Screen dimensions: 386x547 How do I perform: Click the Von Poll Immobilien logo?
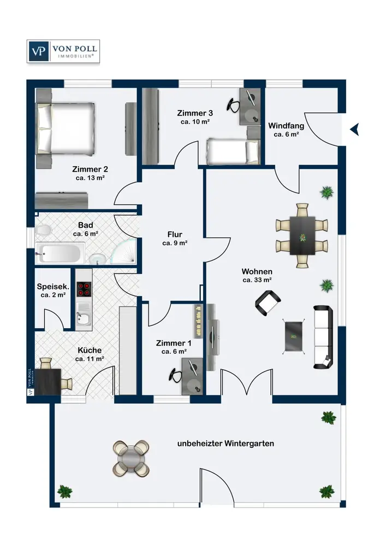click(x=63, y=51)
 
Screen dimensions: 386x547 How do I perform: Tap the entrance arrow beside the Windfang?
click(x=354, y=130)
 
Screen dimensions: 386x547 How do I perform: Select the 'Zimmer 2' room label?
click(x=90, y=169)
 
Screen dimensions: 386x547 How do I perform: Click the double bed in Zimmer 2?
click(x=65, y=129)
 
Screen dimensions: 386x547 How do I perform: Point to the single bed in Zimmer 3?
click(x=233, y=152)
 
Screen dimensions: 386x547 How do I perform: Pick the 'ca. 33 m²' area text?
click(x=257, y=280)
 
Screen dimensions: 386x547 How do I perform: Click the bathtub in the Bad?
click(x=60, y=253)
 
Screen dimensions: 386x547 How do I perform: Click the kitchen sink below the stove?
click(x=84, y=319)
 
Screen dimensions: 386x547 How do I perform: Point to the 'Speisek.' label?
click(x=53, y=287)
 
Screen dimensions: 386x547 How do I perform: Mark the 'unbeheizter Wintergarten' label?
click(x=225, y=444)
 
